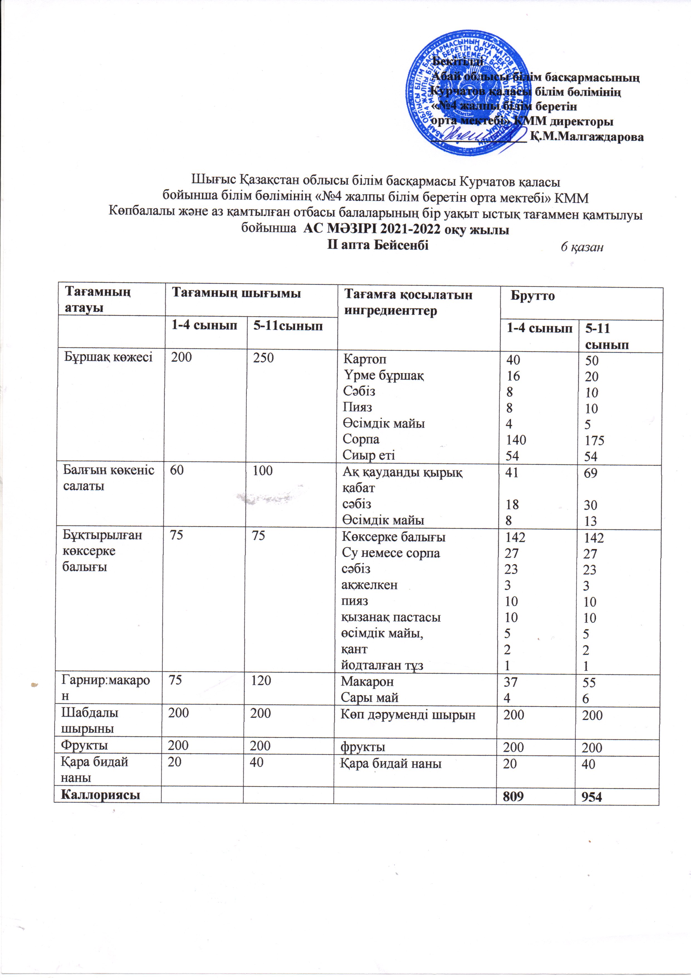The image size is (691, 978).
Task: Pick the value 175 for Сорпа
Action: pos(594,440)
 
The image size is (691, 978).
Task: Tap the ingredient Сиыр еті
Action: pos(369,455)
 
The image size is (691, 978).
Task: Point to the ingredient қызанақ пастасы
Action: pos(391,617)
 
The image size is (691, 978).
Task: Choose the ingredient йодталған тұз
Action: pos(382,665)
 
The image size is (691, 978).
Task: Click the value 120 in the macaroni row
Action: pos(261,680)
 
